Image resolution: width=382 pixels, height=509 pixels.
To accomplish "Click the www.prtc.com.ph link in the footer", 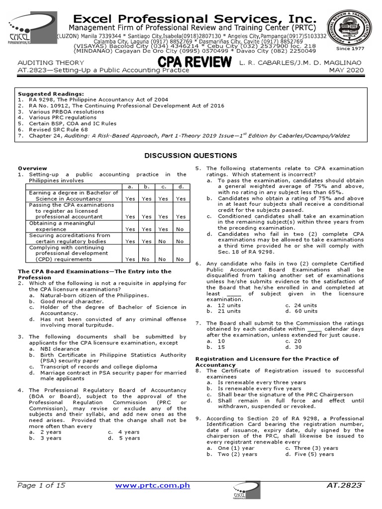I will tap(153, 485).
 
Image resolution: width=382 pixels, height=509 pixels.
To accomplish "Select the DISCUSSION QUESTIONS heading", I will tap(191, 156).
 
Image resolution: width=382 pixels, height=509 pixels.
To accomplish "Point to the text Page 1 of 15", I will tap(41, 485).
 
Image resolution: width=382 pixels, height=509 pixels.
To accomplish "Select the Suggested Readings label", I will tap(51, 93).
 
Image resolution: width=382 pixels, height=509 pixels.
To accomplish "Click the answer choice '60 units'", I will tap(302, 311).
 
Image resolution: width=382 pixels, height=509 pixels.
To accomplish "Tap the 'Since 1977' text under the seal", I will tap(351, 48).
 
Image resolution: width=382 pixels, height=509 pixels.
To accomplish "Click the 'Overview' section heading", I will tap(33, 168).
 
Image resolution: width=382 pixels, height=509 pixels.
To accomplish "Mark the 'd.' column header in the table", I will tap(180, 186).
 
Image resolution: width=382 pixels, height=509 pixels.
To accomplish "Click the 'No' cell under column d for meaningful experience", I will tap(180, 229).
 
